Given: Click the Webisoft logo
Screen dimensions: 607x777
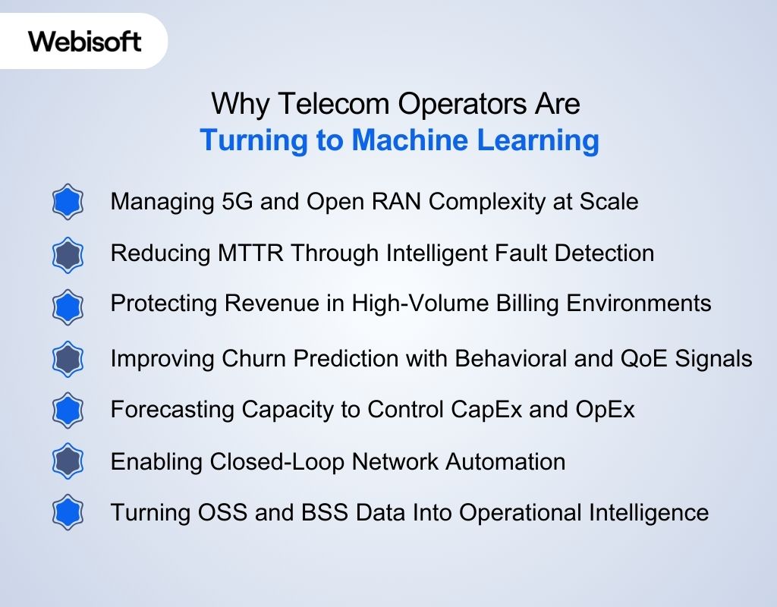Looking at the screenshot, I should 85,40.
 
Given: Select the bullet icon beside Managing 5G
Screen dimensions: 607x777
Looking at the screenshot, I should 68,203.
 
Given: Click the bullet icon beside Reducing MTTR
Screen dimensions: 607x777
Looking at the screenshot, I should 68,254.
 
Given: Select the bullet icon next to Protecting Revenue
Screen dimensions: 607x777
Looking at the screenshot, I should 68,306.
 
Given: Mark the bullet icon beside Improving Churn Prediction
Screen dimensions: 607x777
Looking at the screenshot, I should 68,359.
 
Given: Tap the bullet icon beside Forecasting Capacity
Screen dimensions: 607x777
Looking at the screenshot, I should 68,410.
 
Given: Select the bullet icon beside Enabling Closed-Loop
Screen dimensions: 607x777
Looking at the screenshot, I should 68,461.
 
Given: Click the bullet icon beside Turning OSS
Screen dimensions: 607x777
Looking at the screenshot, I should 68,513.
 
